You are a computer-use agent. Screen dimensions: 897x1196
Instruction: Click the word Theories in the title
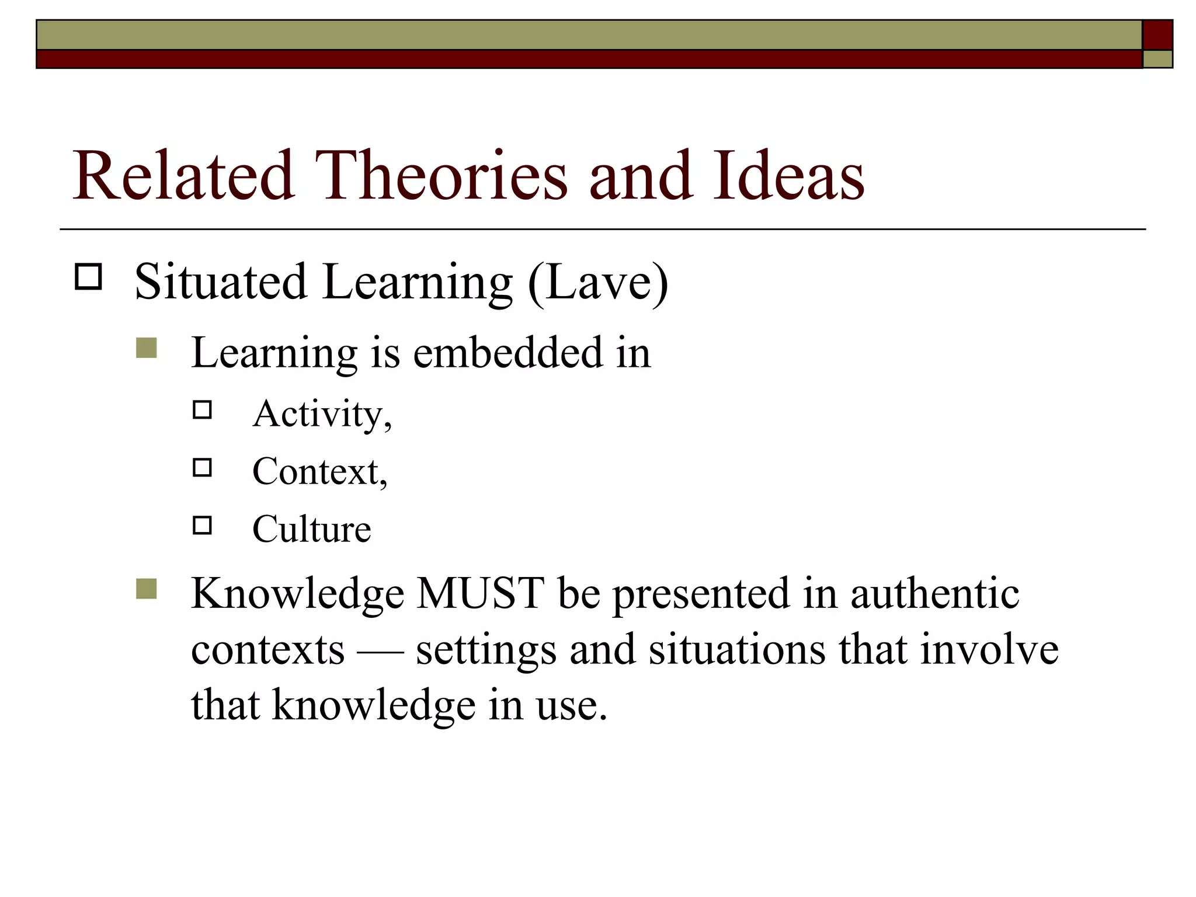tap(441, 175)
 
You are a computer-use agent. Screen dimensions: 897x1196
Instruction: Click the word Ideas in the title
tap(788, 175)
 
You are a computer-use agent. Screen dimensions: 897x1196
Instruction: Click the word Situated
tap(221, 281)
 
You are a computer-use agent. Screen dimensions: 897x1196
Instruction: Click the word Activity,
tap(322, 415)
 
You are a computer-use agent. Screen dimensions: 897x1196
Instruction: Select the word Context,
tap(319, 471)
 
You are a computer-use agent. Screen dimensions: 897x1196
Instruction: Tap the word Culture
tap(311, 529)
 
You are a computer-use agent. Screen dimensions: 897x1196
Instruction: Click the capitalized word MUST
tap(480, 593)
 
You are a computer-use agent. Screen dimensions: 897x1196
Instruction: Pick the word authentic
tap(934, 593)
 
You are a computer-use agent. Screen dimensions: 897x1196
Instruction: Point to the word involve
tap(989, 649)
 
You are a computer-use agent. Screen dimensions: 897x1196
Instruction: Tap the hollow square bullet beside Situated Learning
tap(88, 277)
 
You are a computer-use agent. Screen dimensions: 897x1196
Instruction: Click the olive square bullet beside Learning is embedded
tap(147, 348)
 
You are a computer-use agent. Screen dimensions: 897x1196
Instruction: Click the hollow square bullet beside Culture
tap(202, 526)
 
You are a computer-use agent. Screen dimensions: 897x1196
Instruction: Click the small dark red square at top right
tap(1157, 35)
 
